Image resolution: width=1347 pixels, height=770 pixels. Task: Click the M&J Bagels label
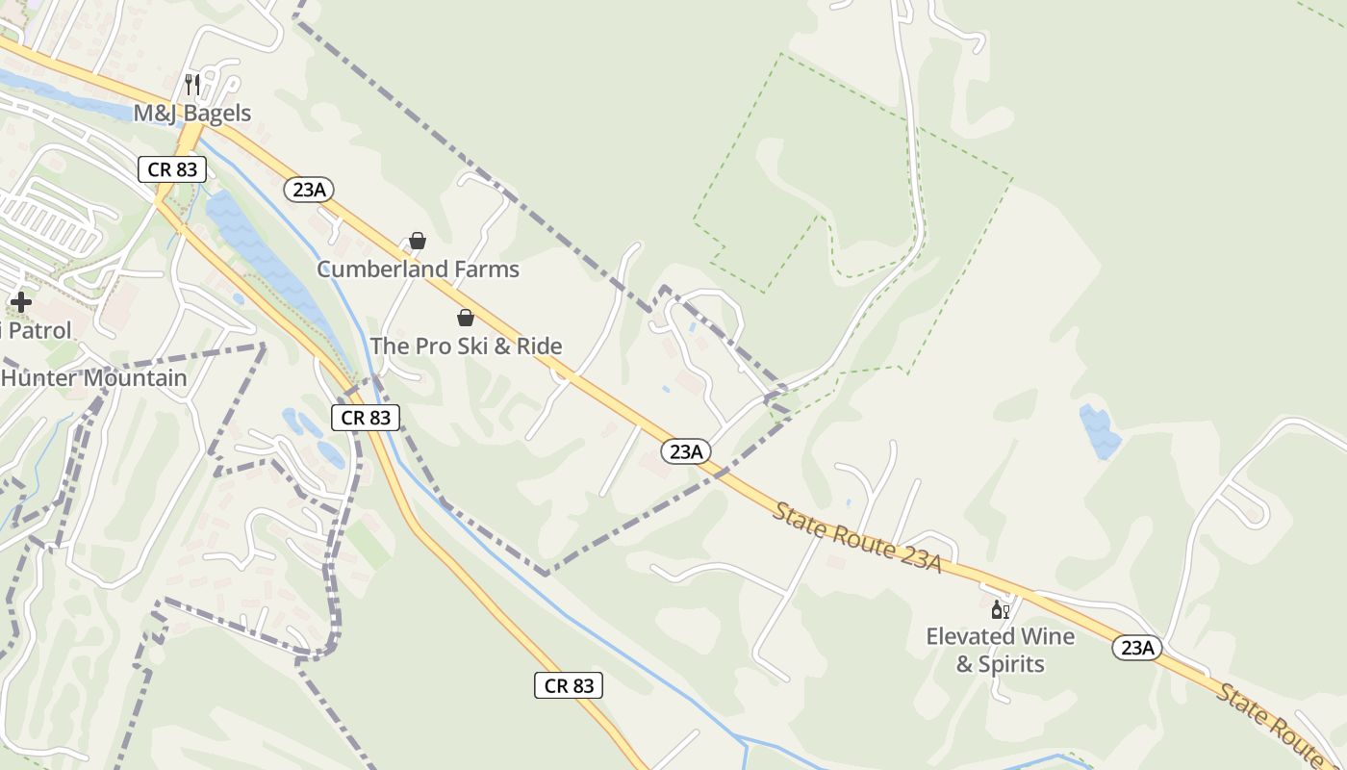click(x=191, y=114)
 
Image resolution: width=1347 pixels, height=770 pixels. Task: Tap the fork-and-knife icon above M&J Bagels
click(x=191, y=85)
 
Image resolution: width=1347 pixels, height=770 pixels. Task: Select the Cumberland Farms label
click(x=418, y=269)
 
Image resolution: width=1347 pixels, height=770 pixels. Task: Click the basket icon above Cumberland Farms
click(x=418, y=241)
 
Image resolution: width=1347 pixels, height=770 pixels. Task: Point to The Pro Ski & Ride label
click(x=466, y=346)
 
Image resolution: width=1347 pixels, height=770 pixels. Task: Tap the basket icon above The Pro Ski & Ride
click(x=466, y=318)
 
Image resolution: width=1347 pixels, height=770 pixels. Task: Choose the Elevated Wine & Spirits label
click(x=1001, y=650)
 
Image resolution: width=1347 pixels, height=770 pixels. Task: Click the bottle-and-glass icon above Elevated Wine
click(x=1001, y=610)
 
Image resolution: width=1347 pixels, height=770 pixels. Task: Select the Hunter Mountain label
click(x=93, y=378)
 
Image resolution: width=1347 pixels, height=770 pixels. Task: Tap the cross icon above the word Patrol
click(x=20, y=302)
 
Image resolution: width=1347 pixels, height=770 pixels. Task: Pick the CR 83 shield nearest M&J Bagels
click(x=172, y=169)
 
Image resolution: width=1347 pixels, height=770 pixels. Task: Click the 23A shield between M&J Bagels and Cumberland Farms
click(x=309, y=190)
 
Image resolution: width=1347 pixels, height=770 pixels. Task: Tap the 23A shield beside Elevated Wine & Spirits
click(x=1137, y=648)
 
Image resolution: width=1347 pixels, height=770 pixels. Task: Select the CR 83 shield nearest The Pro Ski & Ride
click(x=366, y=417)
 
